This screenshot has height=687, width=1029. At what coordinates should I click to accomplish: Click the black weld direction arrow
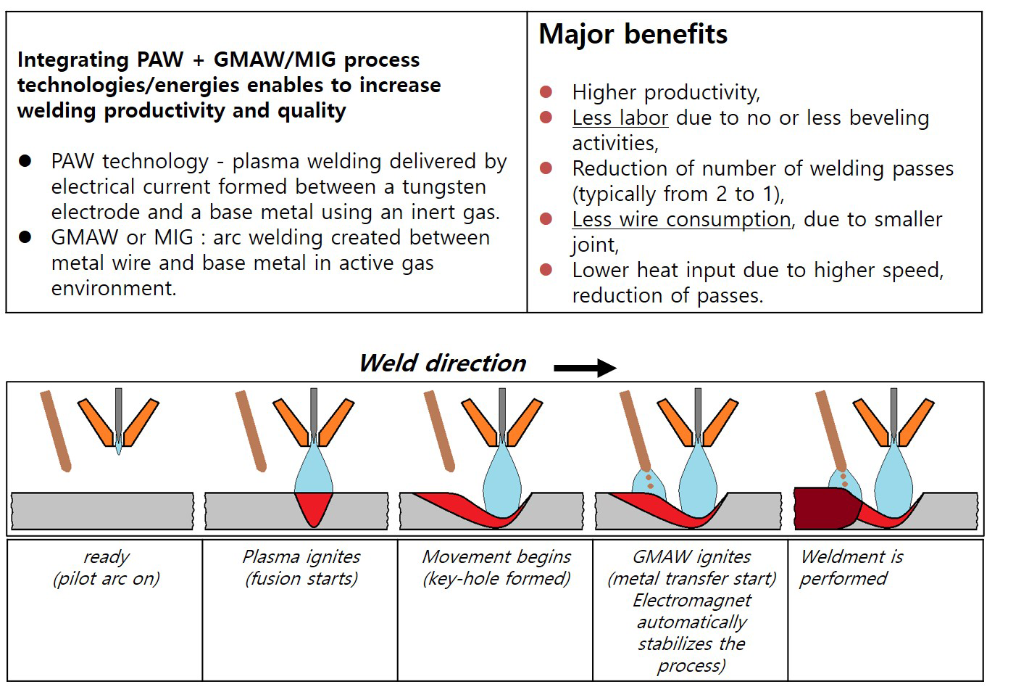click(x=584, y=368)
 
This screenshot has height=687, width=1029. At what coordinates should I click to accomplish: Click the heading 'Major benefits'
click(x=633, y=34)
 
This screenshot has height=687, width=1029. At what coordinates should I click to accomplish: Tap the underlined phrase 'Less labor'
click(x=620, y=118)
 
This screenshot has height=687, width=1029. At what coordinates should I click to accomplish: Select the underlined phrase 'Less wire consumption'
click(x=681, y=219)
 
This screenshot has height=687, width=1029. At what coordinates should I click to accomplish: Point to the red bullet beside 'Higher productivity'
click(x=546, y=92)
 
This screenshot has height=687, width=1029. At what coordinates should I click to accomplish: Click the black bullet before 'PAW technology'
click(x=26, y=161)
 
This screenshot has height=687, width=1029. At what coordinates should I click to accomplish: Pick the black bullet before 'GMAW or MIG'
click(x=26, y=237)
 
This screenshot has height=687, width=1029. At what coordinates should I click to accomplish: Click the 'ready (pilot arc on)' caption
click(x=106, y=567)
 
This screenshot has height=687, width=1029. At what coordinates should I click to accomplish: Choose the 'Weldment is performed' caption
click(x=851, y=567)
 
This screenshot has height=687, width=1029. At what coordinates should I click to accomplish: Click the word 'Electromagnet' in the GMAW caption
click(x=692, y=601)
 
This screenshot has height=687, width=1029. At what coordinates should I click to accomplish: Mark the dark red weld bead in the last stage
click(x=822, y=508)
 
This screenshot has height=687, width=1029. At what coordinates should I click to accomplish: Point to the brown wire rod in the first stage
click(x=55, y=431)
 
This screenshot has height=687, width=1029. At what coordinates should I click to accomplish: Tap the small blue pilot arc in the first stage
click(x=119, y=447)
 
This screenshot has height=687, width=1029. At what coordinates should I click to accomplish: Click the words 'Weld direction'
click(x=443, y=363)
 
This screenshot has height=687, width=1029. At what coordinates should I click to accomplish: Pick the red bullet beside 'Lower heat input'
click(x=546, y=270)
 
